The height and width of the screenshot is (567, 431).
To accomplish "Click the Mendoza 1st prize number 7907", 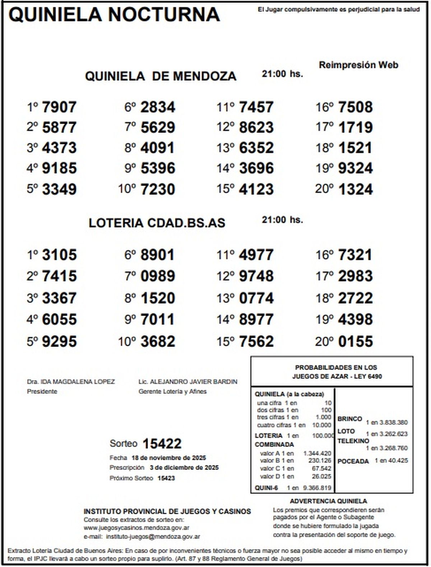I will coord(59,107).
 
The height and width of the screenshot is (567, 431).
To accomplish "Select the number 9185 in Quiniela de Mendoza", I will coord(59,168).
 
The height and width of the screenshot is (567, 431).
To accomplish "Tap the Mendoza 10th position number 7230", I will coord(158,189).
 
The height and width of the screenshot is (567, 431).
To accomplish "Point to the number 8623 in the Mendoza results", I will coord(256,127).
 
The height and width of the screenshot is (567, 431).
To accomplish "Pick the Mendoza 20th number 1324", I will coord(356,189).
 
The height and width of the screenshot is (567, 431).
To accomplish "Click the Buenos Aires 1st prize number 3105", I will coord(59,255).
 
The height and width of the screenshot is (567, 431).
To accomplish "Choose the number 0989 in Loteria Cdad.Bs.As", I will coord(158,276).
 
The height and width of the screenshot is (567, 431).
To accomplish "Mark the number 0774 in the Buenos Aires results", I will coord(256,298).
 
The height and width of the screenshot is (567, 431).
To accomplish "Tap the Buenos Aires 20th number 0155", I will coord(356,341).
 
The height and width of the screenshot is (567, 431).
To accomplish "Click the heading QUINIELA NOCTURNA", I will coord(114,15).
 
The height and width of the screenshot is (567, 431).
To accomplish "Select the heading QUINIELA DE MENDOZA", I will coord(161,76).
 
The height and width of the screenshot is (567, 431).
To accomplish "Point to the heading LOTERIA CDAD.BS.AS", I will coord(157,223).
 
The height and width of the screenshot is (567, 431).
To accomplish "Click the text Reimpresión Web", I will coord(358,65).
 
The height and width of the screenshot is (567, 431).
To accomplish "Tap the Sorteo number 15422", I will coord(162,444).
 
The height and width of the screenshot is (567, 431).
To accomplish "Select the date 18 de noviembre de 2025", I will coord(168,458).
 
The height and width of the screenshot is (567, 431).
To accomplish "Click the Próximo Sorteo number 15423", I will coord(166,478).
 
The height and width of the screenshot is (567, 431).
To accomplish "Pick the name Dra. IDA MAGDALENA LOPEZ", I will coord(71,382).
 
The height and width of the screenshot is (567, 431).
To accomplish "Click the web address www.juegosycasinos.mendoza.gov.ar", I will coord(136,528).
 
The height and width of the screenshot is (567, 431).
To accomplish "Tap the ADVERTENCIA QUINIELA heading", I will coord(328,501).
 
